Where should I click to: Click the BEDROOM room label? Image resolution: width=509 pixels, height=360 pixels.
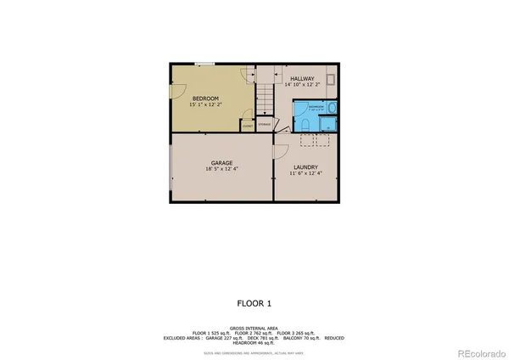[x=206, y=99]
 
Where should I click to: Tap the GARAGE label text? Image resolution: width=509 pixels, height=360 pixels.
[x=222, y=161]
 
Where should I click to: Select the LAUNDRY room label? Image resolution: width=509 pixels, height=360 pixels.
[x=305, y=167]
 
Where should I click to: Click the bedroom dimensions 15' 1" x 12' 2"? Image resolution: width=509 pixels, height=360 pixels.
[x=206, y=106]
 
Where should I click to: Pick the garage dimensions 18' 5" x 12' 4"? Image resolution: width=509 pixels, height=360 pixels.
[x=222, y=169]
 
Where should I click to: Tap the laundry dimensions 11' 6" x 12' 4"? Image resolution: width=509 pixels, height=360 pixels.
[x=305, y=174]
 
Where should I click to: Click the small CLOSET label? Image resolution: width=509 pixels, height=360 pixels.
[x=247, y=127]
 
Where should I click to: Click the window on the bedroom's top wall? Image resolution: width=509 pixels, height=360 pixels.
[x=204, y=65]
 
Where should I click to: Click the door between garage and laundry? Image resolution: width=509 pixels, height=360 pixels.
[x=277, y=151]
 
